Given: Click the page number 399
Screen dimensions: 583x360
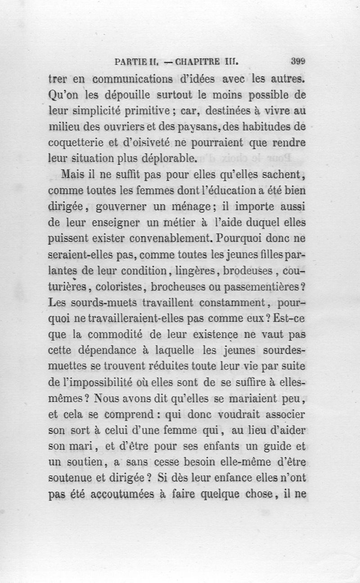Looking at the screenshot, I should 298,61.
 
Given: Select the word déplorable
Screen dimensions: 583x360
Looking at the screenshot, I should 168,158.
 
